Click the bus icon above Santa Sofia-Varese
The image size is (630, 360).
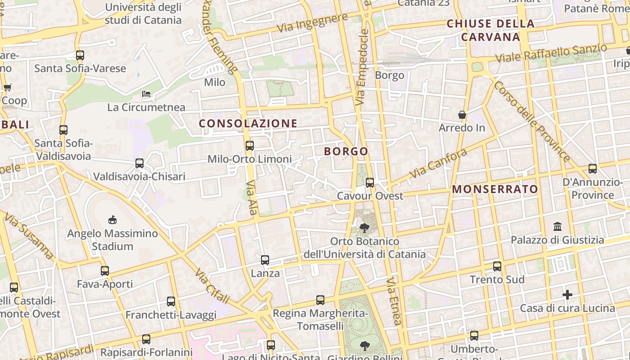coord(80,55)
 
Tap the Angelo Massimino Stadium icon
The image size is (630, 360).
coord(112,220)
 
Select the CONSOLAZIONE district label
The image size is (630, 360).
coord(248,123)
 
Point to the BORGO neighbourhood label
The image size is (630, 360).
coord(346,151)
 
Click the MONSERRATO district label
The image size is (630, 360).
coord(495,189)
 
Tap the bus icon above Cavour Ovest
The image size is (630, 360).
coord(370,182)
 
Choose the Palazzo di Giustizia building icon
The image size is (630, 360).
coord(558,226)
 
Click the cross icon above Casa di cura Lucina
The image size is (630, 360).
coord(567,295)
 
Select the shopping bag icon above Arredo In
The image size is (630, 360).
coord(462,115)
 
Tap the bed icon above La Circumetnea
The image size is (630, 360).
coord(146,94)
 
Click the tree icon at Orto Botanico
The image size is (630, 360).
coord(364,228)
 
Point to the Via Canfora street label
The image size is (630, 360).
coord(438,164)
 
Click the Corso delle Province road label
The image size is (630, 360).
coord(532,121)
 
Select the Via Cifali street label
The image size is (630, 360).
coord(212,286)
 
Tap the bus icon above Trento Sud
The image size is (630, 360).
coord(497,266)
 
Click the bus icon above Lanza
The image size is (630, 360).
coord(265,260)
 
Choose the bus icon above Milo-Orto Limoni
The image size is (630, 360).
coord(250,145)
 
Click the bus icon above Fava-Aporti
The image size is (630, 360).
coord(105,270)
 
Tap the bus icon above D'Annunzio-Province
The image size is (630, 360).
coord(593,169)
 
